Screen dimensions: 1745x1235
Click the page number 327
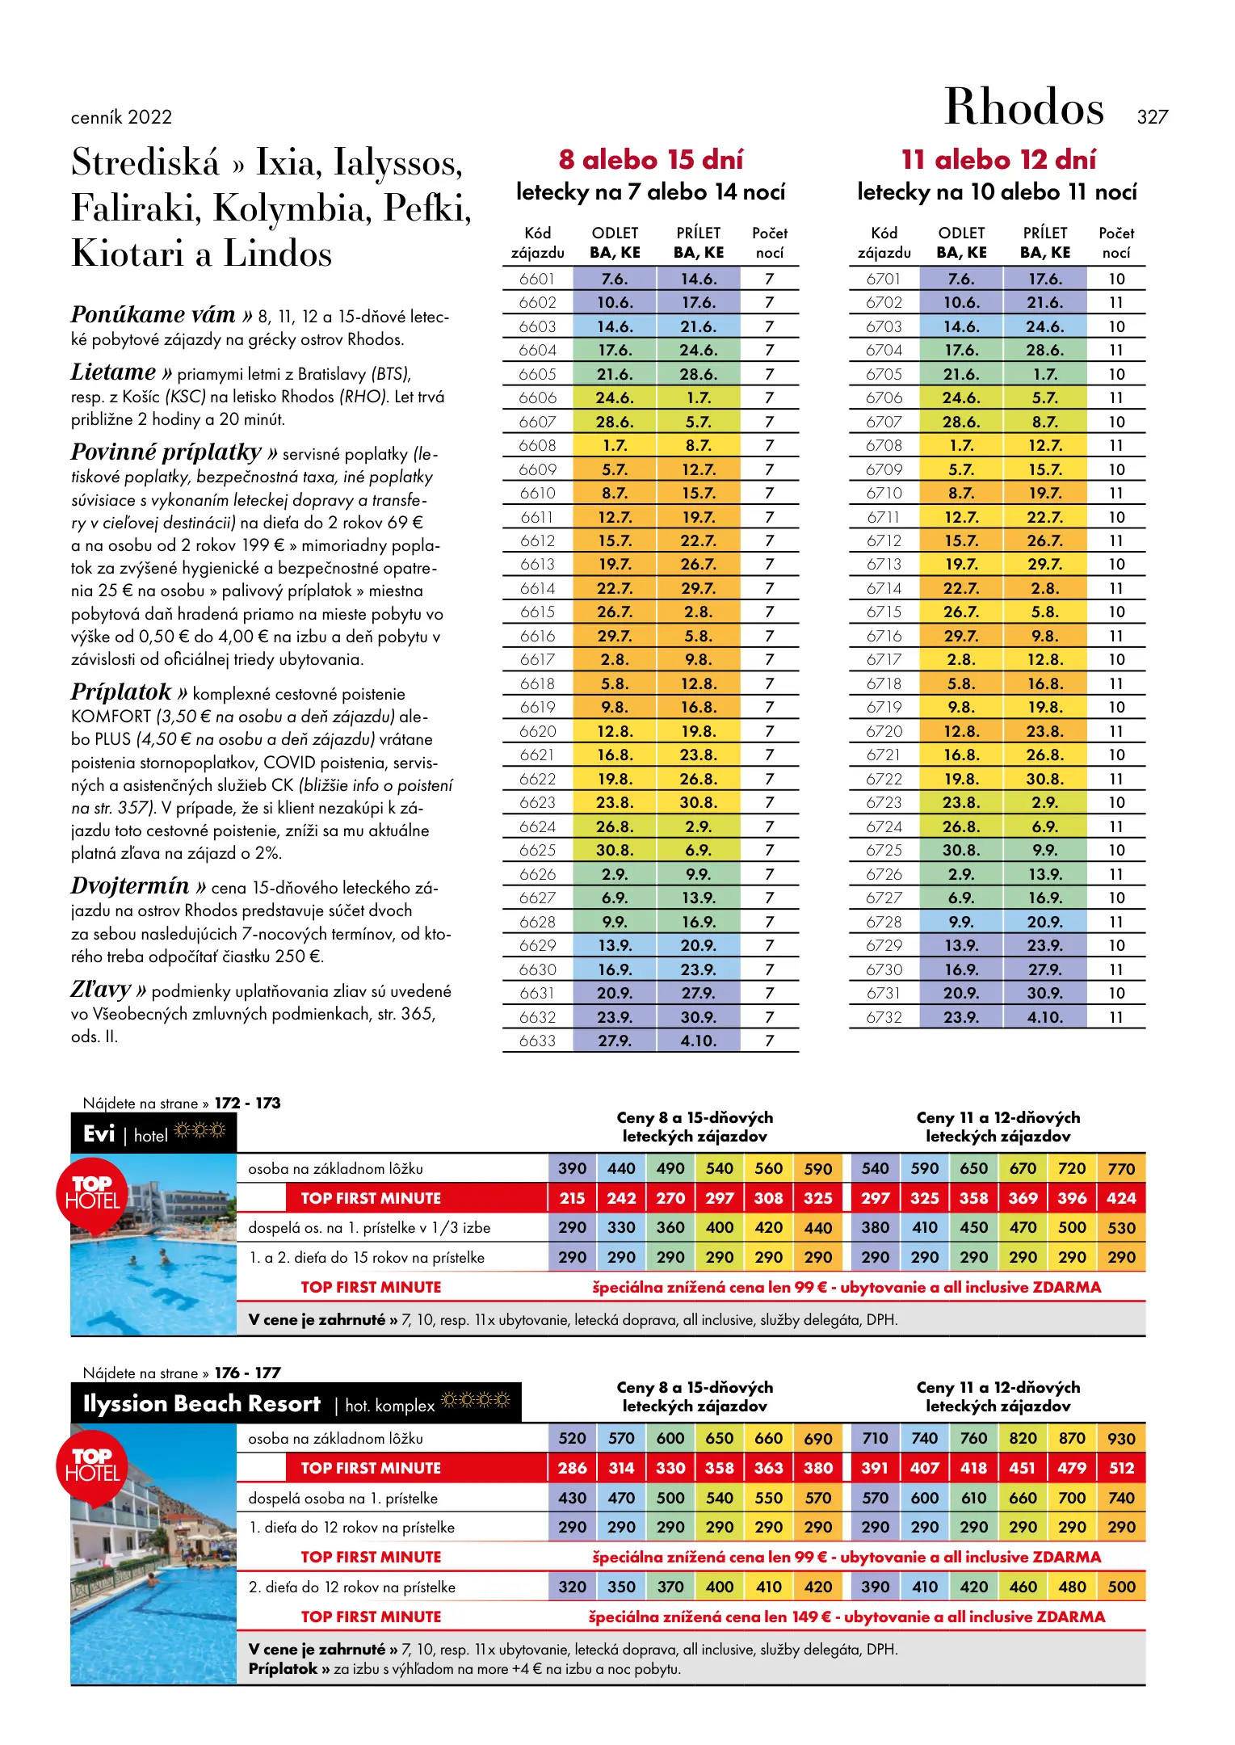click(x=1152, y=117)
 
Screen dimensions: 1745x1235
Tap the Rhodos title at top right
click(x=1023, y=107)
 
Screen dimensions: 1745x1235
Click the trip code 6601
click(x=537, y=280)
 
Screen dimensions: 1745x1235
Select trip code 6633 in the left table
click(x=537, y=1041)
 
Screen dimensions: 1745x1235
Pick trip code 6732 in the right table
click(x=884, y=1017)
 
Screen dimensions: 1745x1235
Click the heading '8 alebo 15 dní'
click(x=650, y=160)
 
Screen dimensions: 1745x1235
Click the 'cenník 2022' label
click(x=121, y=118)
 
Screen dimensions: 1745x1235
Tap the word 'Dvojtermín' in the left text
click(x=130, y=886)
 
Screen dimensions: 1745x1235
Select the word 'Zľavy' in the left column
click(x=101, y=990)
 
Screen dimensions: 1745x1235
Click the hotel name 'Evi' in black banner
click(x=99, y=1134)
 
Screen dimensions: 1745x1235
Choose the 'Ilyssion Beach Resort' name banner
click(x=202, y=1404)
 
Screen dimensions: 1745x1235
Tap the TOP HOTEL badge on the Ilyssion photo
click(x=93, y=1465)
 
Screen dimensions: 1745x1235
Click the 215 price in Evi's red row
click(x=572, y=1198)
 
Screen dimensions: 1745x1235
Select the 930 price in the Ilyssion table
click(x=1121, y=1439)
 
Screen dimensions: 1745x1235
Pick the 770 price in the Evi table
click(x=1121, y=1169)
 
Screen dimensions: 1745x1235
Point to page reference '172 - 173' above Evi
click(x=247, y=1104)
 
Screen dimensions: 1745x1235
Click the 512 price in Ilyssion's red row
click(x=1121, y=1468)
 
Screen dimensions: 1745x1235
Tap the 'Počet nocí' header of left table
click(x=769, y=242)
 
